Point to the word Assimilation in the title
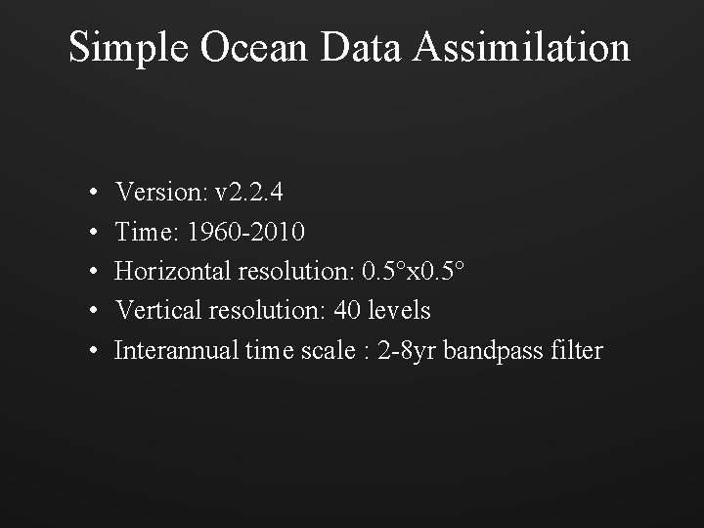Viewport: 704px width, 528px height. tap(522, 47)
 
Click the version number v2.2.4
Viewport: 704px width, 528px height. tap(249, 192)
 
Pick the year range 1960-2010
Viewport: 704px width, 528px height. tap(246, 232)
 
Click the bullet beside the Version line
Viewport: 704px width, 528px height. tap(89, 193)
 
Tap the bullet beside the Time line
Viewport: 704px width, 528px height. tap(89, 233)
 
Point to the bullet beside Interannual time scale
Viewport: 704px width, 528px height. tap(89, 351)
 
